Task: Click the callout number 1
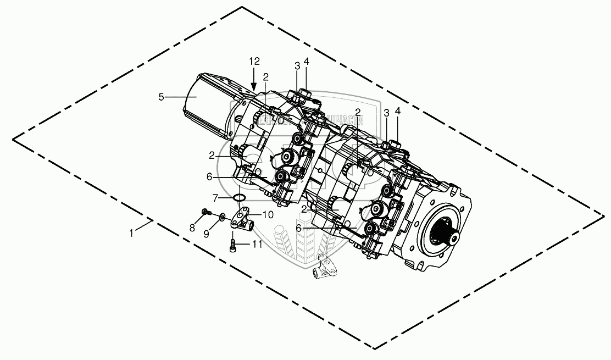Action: (131, 234)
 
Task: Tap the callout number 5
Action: (161, 97)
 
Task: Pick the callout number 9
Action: (207, 234)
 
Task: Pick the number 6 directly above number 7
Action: (209, 177)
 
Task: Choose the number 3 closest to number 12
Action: (297, 65)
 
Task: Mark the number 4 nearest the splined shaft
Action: (398, 112)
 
